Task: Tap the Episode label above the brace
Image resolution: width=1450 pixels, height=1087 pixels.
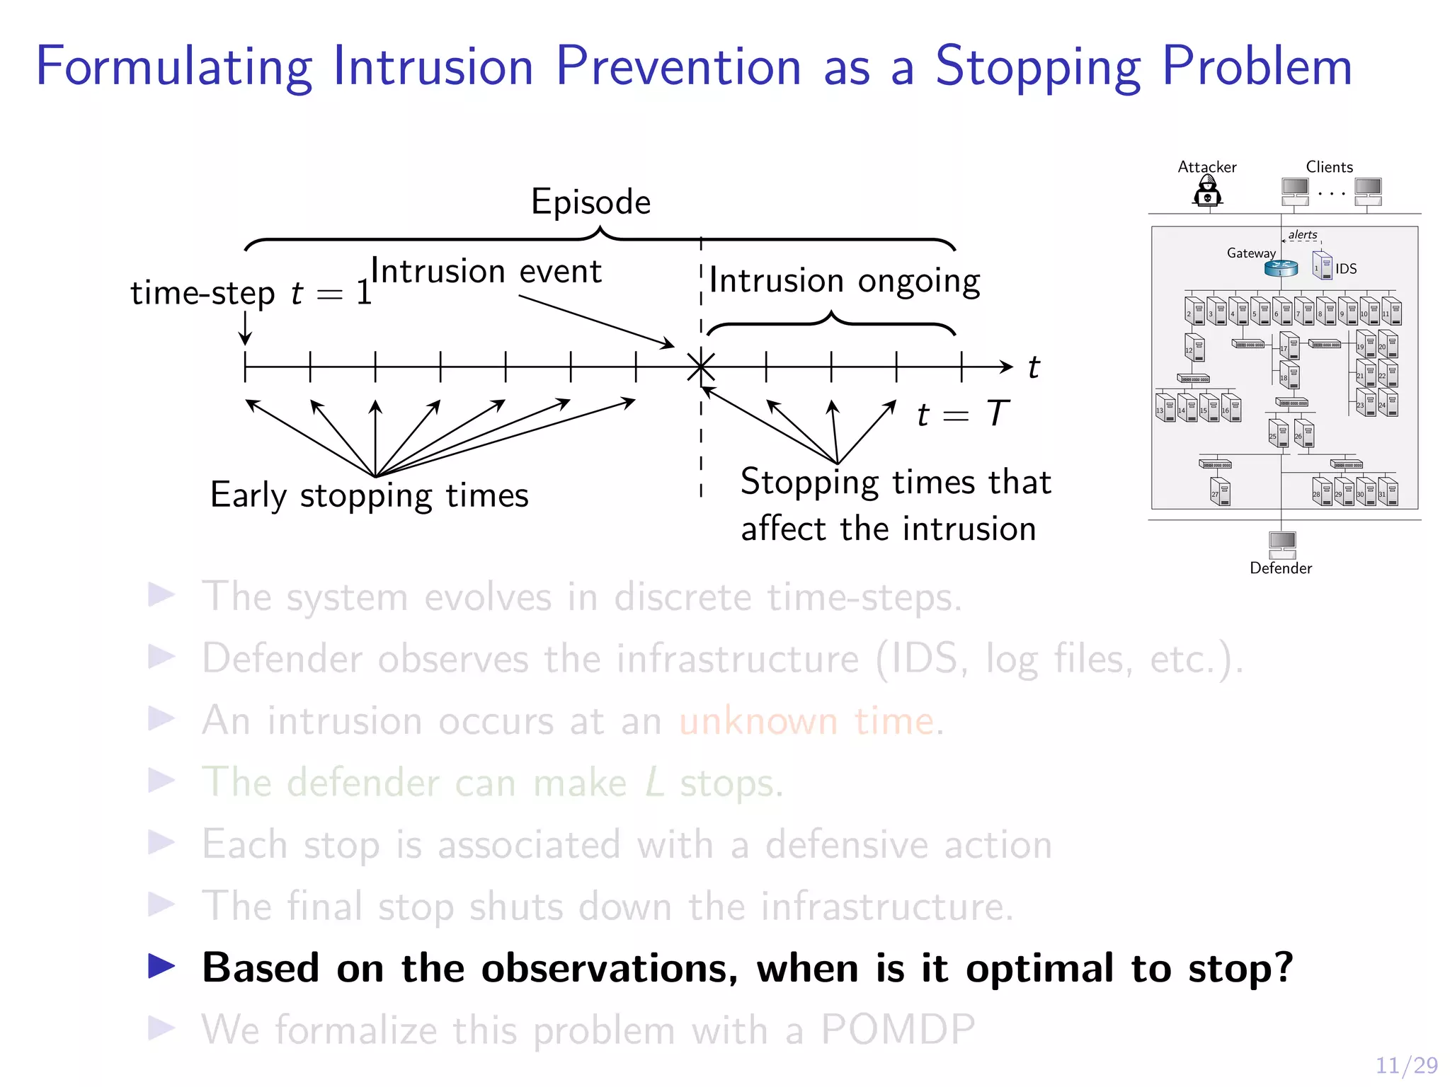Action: (590, 202)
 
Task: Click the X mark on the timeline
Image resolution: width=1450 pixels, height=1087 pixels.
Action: (701, 367)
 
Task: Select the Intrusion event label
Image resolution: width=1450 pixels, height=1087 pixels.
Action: (486, 272)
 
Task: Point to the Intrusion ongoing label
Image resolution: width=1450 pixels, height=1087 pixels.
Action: (844, 281)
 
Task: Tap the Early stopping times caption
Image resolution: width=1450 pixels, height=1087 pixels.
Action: (369, 495)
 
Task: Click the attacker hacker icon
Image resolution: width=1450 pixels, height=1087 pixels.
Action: (1207, 191)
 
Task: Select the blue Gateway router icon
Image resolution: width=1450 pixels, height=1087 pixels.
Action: (1281, 268)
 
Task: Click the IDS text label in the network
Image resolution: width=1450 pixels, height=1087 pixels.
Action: (1346, 269)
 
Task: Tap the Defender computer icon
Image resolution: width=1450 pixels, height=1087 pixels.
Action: (1282, 543)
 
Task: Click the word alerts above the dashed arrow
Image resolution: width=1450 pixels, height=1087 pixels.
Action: (1303, 234)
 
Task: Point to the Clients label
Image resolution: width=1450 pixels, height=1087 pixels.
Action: (1329, 167)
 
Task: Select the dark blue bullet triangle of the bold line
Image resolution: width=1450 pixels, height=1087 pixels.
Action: (161, 966)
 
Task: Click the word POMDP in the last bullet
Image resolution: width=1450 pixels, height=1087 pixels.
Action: (898, 1030)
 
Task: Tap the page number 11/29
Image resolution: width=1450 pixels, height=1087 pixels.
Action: (1406, 1065)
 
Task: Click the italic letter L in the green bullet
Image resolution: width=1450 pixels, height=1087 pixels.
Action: (655, 783)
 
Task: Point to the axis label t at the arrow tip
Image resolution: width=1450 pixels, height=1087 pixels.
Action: (1034, 368)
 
